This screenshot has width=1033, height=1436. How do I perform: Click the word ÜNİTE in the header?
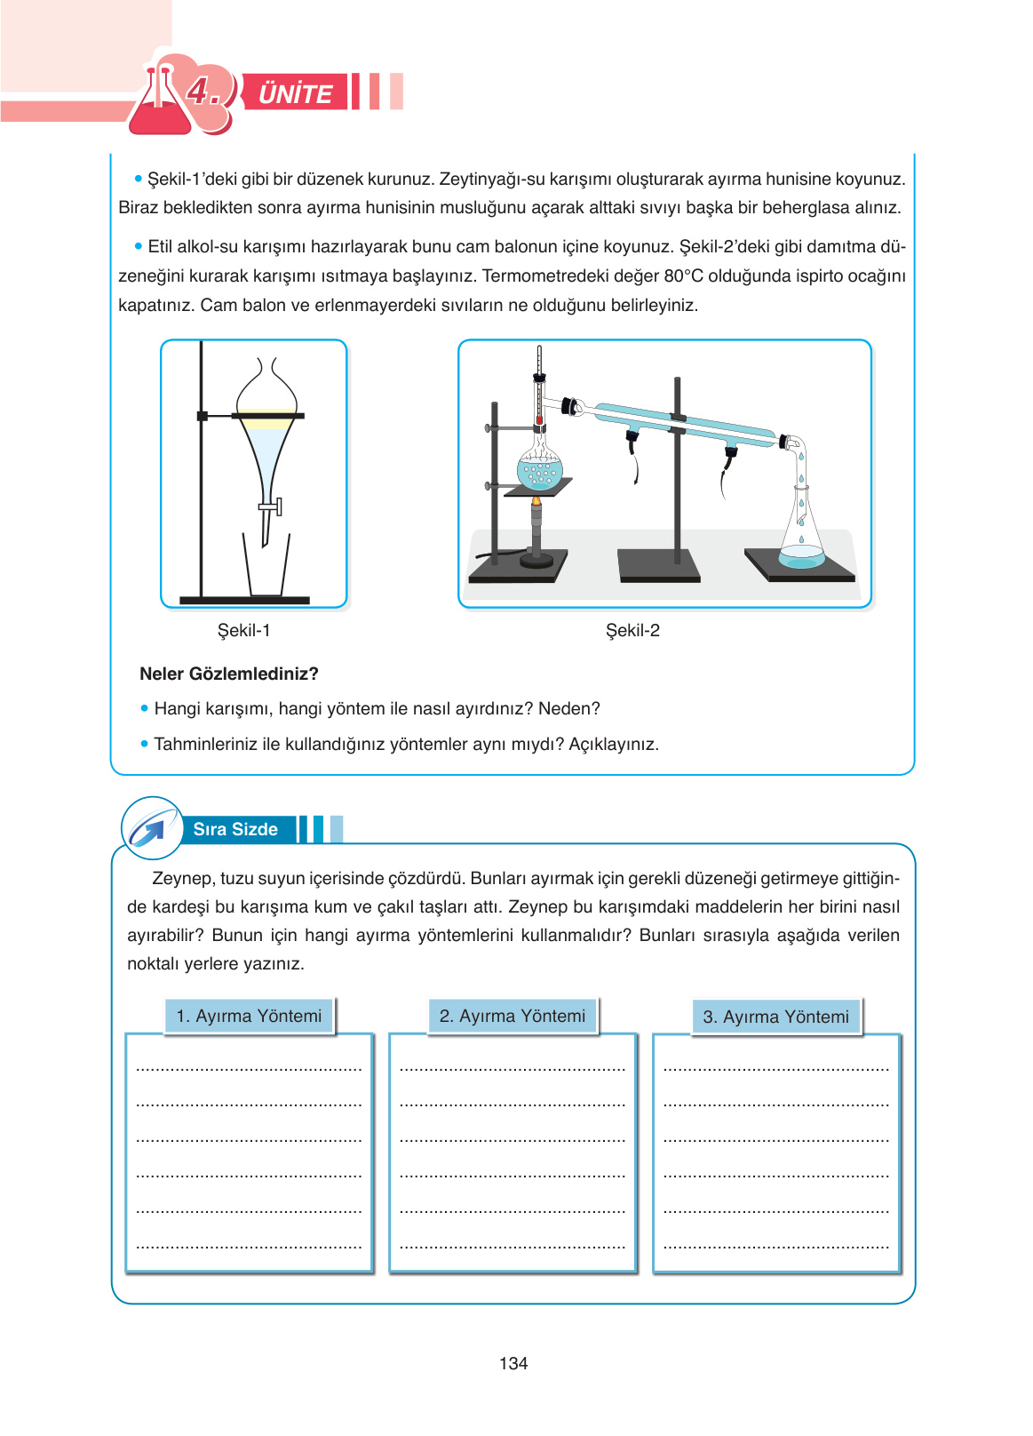pos(295,93)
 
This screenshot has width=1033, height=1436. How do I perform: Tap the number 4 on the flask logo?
pos(201,91)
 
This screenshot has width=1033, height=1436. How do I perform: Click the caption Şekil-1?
pos(244,630)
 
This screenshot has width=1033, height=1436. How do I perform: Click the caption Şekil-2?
pos(632,630)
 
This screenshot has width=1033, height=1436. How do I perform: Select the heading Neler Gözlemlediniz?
pos(229,674)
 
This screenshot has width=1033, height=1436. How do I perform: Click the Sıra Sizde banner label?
pos(235,829)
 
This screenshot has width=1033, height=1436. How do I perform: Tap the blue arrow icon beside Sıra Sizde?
pos(149,829)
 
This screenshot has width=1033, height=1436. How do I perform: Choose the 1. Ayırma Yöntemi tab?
pos(249,1016)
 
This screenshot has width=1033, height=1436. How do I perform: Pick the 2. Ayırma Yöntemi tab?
pos(513,1016)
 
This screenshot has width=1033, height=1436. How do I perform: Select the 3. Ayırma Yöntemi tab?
pos(775,1017)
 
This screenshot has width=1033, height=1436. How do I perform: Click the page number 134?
pos(513,1363)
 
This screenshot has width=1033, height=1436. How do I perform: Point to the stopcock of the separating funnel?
pos(272,507)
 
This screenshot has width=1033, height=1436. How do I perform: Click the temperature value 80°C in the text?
pos(683,275)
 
